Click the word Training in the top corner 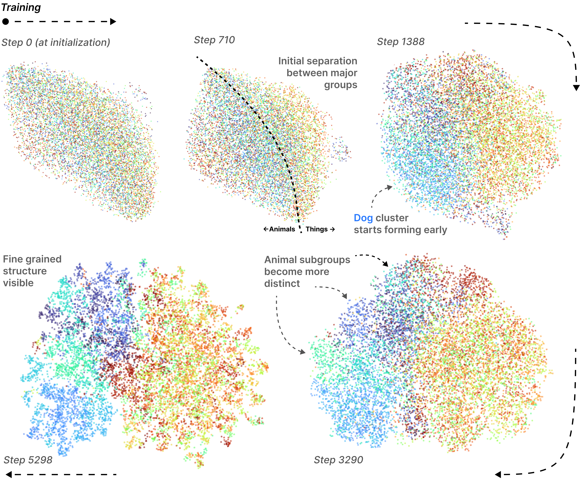(x=21, y=7)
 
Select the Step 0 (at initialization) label (x=56, y=43)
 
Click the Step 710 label (x=214, y=40)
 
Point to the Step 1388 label (x=401, y=42)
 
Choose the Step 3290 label (x=338, y=460)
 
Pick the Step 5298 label (x=28, y=460)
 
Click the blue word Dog (x=363, y=218)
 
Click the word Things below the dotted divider (x=316, y=229)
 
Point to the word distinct (x=282, y=284)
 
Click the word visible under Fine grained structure (x=18, y=283)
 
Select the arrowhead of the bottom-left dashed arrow (x=9, y=475)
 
